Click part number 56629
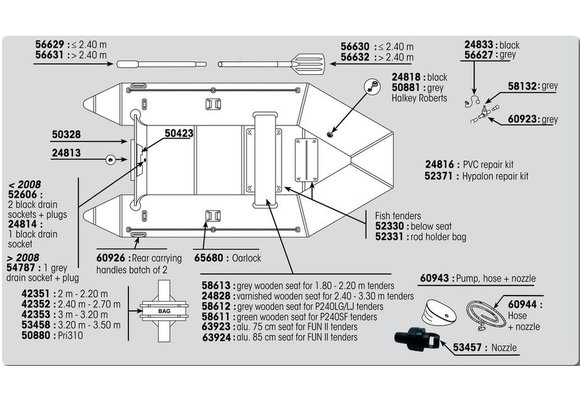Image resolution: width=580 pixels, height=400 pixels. (50, 45)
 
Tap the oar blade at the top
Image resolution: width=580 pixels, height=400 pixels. (308, 63)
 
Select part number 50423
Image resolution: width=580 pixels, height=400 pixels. (179, 133)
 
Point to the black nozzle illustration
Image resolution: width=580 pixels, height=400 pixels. (417, 339)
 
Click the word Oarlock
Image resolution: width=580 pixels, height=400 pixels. (246, 258)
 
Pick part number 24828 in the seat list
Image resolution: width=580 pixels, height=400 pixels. (216, 296)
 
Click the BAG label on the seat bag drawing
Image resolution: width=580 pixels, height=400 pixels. (164, 311)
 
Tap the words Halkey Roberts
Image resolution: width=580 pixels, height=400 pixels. (419, 98)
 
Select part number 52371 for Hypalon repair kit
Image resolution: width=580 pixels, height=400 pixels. (439, 176)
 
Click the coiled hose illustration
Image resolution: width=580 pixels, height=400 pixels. (486, 315)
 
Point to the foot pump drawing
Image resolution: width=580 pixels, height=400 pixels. (439, 311)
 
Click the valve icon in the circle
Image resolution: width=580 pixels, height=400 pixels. (372, 87)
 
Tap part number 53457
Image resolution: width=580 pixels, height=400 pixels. (468, 347)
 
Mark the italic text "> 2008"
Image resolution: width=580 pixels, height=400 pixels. (23, 258)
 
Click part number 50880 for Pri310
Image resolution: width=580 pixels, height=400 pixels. (36, 335)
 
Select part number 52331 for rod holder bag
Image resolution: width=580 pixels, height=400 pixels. (390, 237)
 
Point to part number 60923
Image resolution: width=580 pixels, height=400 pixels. (522, 119)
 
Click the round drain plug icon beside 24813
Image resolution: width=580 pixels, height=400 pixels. (110, 160)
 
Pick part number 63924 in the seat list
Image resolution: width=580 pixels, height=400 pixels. (216, 337)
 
